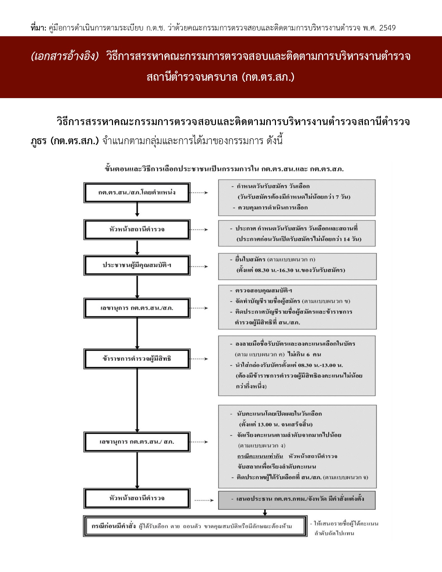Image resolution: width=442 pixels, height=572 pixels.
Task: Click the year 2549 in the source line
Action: tap(387, 28)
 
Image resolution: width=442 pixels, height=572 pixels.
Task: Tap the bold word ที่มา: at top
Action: tap(38, 28)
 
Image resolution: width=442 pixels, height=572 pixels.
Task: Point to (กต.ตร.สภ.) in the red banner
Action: tap(268, 77)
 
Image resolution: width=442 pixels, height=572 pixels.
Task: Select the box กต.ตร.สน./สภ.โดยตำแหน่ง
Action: tap(137, 192)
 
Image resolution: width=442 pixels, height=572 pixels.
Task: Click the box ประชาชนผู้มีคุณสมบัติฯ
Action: tap(137, 266)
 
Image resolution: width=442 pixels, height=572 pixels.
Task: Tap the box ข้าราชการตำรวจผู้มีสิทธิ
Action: tap(137, 359)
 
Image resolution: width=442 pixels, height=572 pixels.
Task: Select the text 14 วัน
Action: tap(352, 239)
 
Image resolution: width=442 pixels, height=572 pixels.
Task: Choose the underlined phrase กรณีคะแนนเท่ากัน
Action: tap(260, 456)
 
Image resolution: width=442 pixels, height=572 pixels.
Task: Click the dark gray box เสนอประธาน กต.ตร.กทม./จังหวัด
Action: tap(297, 499)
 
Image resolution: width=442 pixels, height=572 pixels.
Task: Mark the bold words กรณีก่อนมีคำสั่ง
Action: tap(113, 526)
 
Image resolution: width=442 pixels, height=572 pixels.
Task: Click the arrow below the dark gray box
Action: tap(265, 512)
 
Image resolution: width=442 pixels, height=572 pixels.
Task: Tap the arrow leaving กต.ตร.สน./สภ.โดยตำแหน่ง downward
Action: tap(137, 210)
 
